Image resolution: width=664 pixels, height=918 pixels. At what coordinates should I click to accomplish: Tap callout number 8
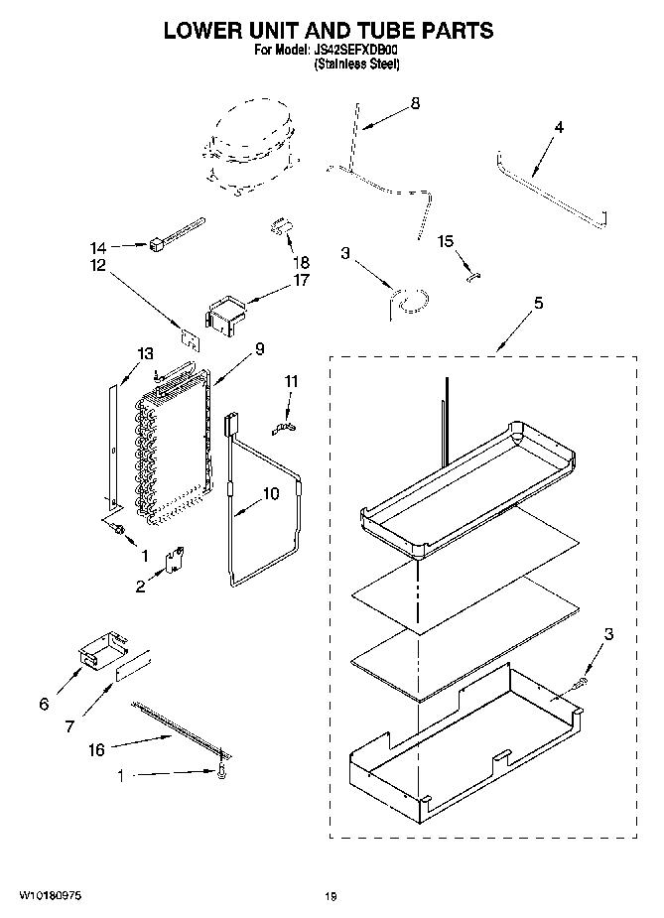(415, 103)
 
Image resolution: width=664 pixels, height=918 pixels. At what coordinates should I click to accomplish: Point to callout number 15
(446, 241)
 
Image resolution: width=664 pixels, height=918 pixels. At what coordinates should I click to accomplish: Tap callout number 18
(302, 263)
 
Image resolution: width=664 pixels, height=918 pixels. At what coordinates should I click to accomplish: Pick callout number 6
(43, 704)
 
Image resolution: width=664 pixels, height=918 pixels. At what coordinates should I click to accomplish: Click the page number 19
(331, 896)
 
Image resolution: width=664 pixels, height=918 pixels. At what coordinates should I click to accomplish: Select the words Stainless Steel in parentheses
(356, 63)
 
